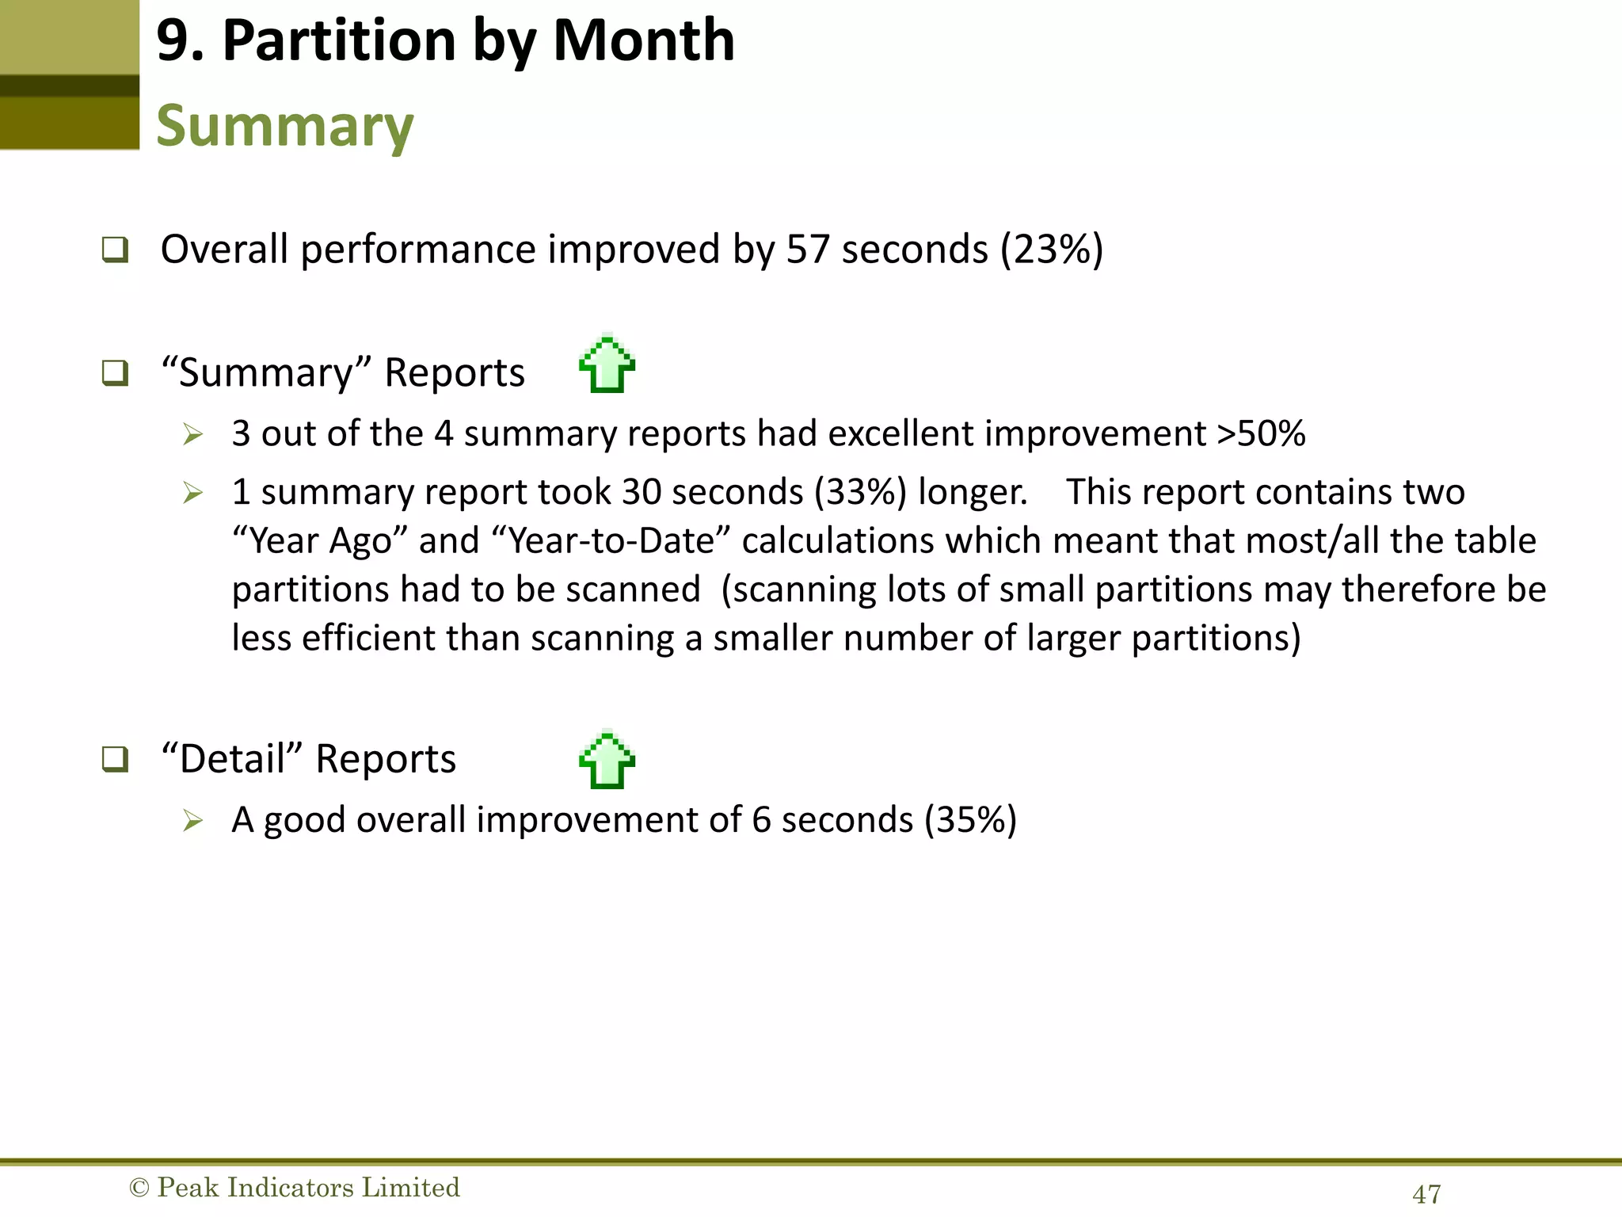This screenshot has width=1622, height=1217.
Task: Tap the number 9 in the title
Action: (x=172, y=41)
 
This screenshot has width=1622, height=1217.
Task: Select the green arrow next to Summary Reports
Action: (x=607, y=364)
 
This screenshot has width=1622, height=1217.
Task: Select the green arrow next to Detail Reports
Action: (x=607, y=760)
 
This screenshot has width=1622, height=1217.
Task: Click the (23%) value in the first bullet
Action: (x=1051, y=250)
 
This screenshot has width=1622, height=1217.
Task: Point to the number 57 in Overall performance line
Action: (x=808, y=250)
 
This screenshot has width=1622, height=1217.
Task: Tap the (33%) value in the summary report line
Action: (x=861, y=492)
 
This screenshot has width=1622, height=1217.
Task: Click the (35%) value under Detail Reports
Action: (x=971, y=819)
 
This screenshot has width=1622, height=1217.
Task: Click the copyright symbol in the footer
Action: (x=139, y=1188)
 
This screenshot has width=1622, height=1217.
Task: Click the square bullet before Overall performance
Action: (x=115, y=250)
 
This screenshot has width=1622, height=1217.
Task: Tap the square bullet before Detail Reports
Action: (x=115, y=759)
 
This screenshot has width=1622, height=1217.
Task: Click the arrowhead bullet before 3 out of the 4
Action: (x=192, y=434)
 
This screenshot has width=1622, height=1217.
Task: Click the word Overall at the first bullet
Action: (x=224, y=250)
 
